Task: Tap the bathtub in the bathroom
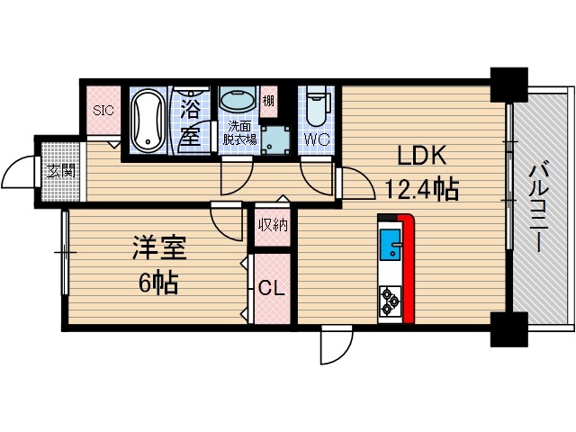click(x=146, y=121)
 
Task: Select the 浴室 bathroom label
click(x=189, y=124)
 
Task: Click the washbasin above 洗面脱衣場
click(x=236, y=101)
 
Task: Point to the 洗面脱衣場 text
click(x=240, y=132)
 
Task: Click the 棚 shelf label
click(x=268, y=101)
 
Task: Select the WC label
click(x=316, y=139)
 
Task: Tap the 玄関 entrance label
click(x=57, y=171)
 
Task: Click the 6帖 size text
click(x=157, y=283)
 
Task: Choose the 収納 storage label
click(x=272, y=225)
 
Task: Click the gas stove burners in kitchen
click(x=390, y=301)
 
